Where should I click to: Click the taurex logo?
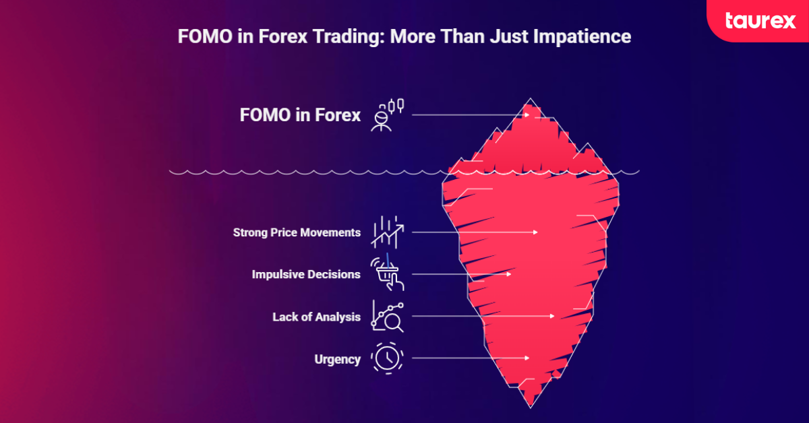tap(760, 20)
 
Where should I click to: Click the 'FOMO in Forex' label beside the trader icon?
tap(300, 115)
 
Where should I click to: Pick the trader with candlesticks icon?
tap(387, 115)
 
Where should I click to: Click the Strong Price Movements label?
tap(297, 232)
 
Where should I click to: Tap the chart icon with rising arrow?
tap(387, 232)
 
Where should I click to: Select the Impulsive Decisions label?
tap(306, 275)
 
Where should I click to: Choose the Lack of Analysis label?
tap(316, 317)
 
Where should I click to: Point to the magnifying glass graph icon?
tap(387, 316)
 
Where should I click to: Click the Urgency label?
tap(337, 359)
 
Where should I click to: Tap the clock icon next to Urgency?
tap(387, 358)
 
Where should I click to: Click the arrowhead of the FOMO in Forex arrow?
tap(528, 115)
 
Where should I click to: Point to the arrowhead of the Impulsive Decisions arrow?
tap(510, 275)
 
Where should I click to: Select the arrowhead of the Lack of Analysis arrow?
tap(552, 316)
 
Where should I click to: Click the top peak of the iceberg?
tap(530, 100)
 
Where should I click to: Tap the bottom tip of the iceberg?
tap(531, 406)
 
